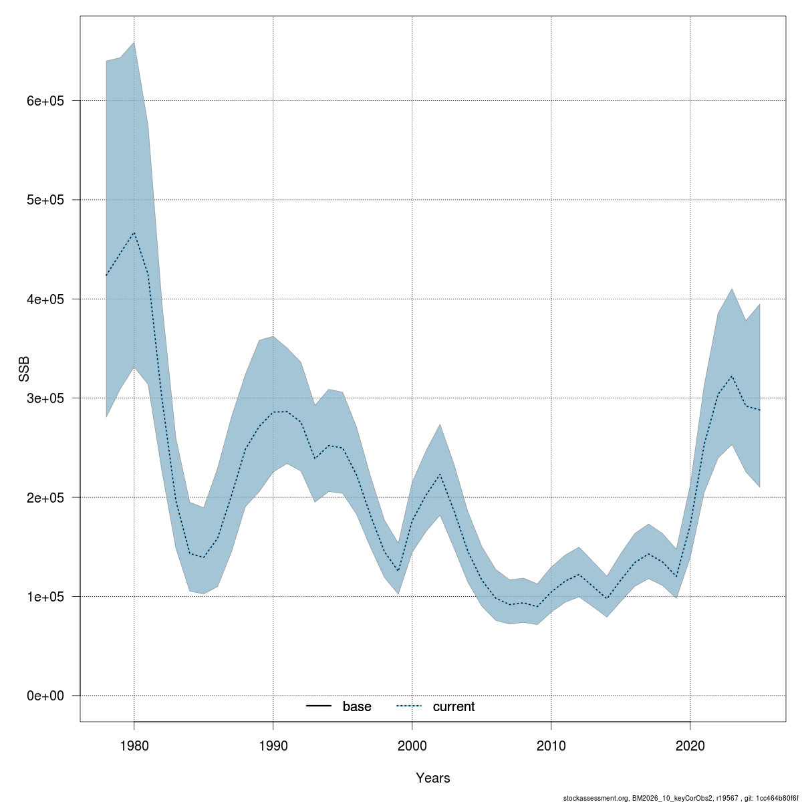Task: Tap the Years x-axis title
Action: pos(433,778)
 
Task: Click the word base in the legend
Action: pos(357,706)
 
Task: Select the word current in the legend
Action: pos(454,706)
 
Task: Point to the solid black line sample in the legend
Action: pos(319,706)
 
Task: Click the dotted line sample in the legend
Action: pos(409,706)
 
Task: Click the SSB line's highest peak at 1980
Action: pos(134,233)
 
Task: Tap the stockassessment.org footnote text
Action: pos(681,797)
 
